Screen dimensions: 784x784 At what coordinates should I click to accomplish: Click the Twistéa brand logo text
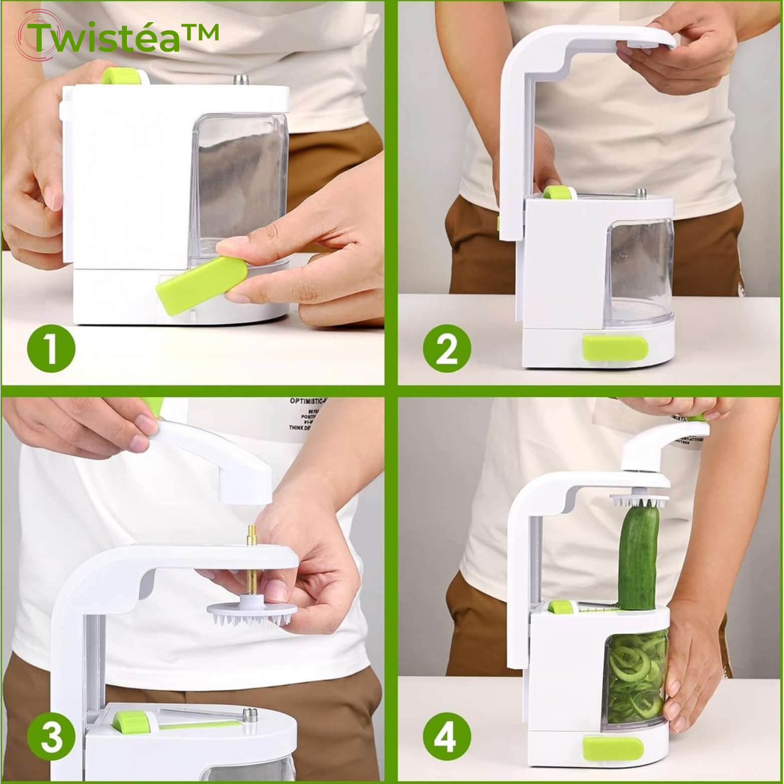point(123,38)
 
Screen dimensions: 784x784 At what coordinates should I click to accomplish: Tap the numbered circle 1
point(51,349)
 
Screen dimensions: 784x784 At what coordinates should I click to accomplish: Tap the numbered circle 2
point(447,349)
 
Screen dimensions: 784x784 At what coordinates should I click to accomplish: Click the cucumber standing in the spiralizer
point(638,557)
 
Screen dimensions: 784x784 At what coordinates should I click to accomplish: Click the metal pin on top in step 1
point(240,80)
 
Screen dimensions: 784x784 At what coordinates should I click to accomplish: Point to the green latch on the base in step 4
point(613,748)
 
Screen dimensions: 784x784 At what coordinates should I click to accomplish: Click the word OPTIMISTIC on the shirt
point(307,401)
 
